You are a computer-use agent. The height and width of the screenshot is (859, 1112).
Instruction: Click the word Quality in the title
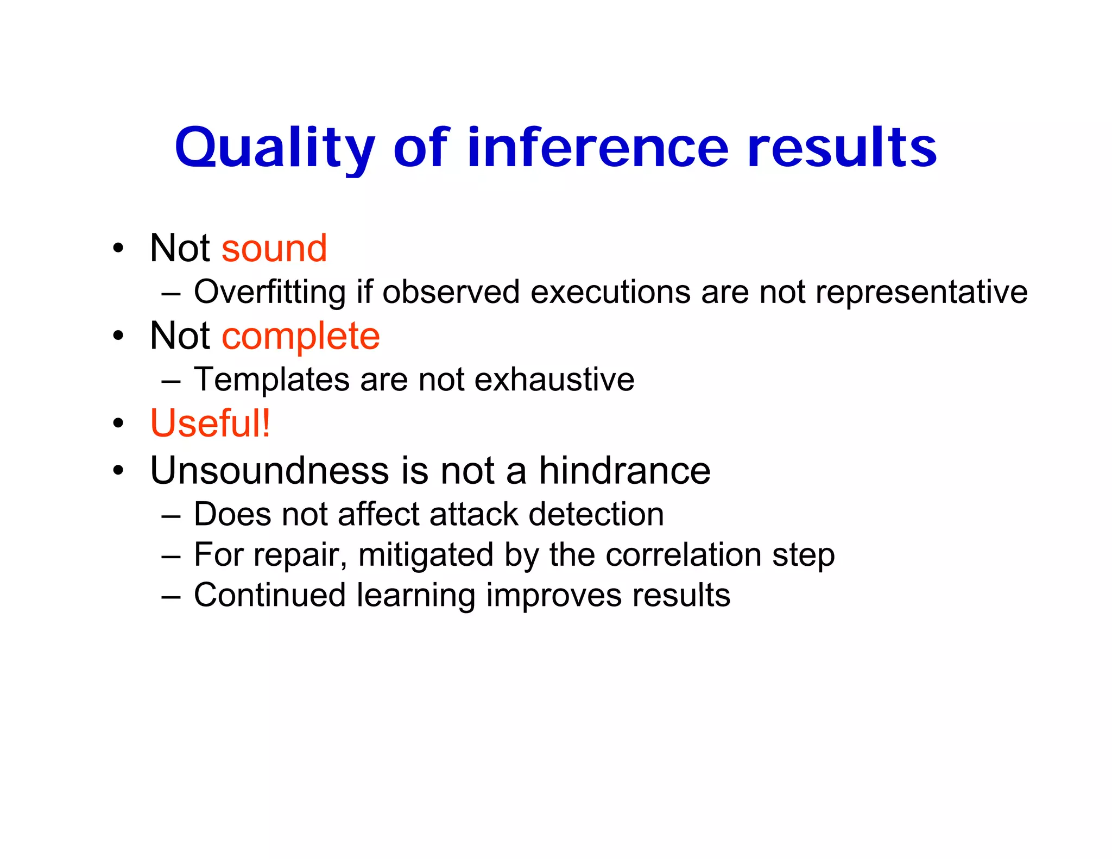pyautogui.click(x=274, y=148)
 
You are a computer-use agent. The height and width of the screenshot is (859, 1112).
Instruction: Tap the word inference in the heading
pyautogui.click(x=597, y=148)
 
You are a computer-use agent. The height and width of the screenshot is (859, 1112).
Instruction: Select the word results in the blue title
pyautogui.click(x=842, y=148)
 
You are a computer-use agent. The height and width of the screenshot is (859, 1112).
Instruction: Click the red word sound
pyautogui.click(x=274, y=249)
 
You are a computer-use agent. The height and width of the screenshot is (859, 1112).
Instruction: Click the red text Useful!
pyautogui.click(x=210, y=424)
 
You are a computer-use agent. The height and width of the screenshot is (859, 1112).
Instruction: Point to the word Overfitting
pyautogui.click(x=270, y=292)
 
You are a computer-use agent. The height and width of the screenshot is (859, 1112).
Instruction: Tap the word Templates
pyautogui.click(x=271, y=380)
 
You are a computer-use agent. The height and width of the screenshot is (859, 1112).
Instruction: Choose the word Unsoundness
pyautogui.click(x=269, y=470)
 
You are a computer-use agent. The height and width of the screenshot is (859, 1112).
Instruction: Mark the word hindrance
pyautogui.click(x=624, y=470)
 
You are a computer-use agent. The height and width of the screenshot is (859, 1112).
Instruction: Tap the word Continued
pyautogui.click(x=270, y=595)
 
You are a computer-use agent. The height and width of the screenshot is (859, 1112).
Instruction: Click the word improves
pyautogui.click(x=553, y=596)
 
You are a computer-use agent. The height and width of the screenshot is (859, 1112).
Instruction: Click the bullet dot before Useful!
pyautogui.click(x=118, y=424)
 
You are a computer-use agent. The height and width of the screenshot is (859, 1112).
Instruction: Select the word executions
pyautogui.click(x=610, y=292)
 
